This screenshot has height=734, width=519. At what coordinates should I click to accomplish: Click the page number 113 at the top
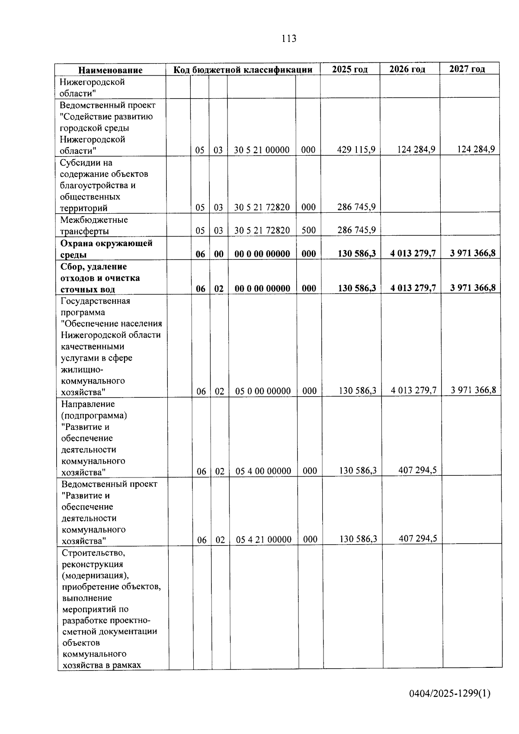coord(288,38)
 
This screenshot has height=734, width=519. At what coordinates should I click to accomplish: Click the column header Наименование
coord(110,70)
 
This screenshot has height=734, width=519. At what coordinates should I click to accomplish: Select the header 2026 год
coord(407,69)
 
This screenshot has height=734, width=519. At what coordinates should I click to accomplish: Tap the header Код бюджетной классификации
coord(243,70)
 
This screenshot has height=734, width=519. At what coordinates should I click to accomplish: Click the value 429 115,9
coord(356,150)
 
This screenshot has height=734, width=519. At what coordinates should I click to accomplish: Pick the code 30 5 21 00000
coord(262,150)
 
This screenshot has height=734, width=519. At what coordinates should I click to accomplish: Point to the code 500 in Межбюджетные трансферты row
coord(308,230)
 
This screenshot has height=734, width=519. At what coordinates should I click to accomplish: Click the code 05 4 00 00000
coord(263,471)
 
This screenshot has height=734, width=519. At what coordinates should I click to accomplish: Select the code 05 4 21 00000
coord(263,539)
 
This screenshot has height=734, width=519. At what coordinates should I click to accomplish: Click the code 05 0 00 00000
coord(263,391)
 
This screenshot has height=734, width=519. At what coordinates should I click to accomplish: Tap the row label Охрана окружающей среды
coord(106,248)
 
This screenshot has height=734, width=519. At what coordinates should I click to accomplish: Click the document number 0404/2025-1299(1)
coord(450,693)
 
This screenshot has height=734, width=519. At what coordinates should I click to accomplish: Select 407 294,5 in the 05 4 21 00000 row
coord(417,538)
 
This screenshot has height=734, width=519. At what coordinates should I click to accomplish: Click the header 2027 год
coord(467,69)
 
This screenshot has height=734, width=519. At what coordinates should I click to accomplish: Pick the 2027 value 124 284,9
coord(476,149)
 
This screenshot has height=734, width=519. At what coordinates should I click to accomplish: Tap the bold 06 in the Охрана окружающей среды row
coord(200,254)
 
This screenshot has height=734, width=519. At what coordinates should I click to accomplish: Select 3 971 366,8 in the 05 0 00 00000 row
coord(473,390)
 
